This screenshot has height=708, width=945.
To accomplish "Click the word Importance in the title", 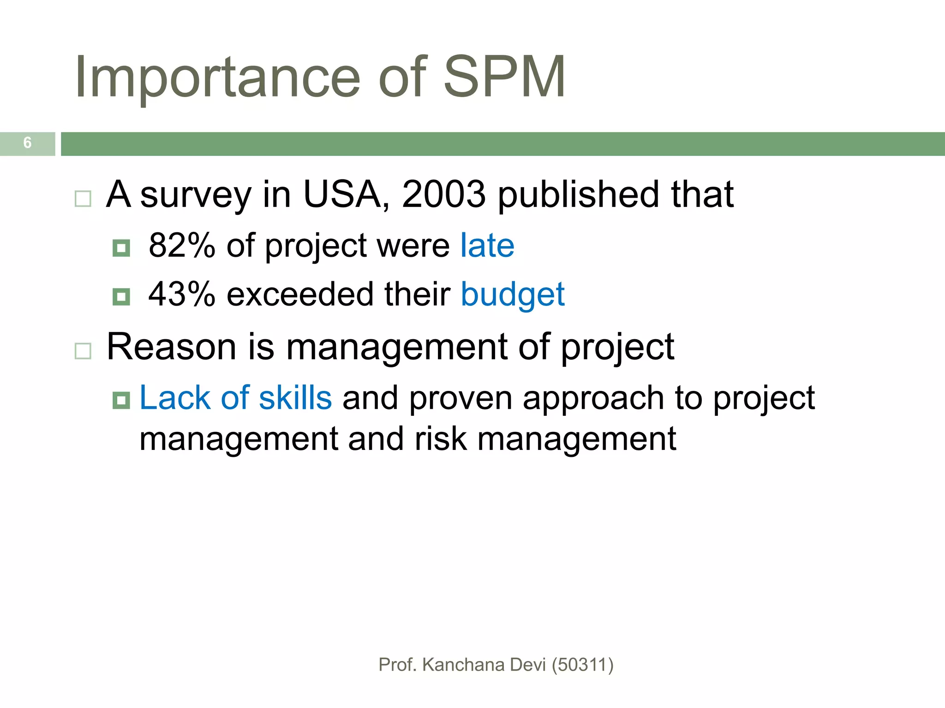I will [217, 77].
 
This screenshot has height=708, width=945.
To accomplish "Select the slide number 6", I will [28, 143].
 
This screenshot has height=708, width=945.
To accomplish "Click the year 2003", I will [443, 194].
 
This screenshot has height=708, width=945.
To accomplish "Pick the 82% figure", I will [182, 245].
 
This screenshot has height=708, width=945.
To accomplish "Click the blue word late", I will [487, 245].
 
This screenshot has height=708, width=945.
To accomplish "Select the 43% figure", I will [182, 294].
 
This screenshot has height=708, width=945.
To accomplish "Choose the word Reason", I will [172, 347].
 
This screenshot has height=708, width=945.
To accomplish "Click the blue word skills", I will [295, 397].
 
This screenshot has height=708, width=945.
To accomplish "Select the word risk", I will [441, 439].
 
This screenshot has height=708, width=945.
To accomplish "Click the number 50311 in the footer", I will [582, 665].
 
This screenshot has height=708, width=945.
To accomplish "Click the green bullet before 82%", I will [121, 248].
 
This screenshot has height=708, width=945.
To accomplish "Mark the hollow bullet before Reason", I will [83, 351].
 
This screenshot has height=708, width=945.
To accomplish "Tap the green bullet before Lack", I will [121, 400].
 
